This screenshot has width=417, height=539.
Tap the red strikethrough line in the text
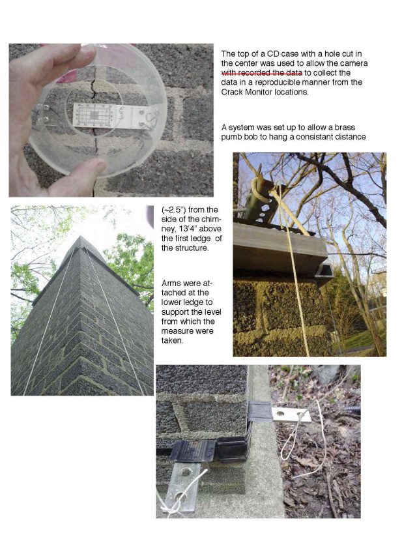click(262, 73)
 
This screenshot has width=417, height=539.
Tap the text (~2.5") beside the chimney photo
click(173, 210)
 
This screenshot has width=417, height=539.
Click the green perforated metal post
click(265, 201)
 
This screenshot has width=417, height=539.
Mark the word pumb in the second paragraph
click(231, 137)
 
